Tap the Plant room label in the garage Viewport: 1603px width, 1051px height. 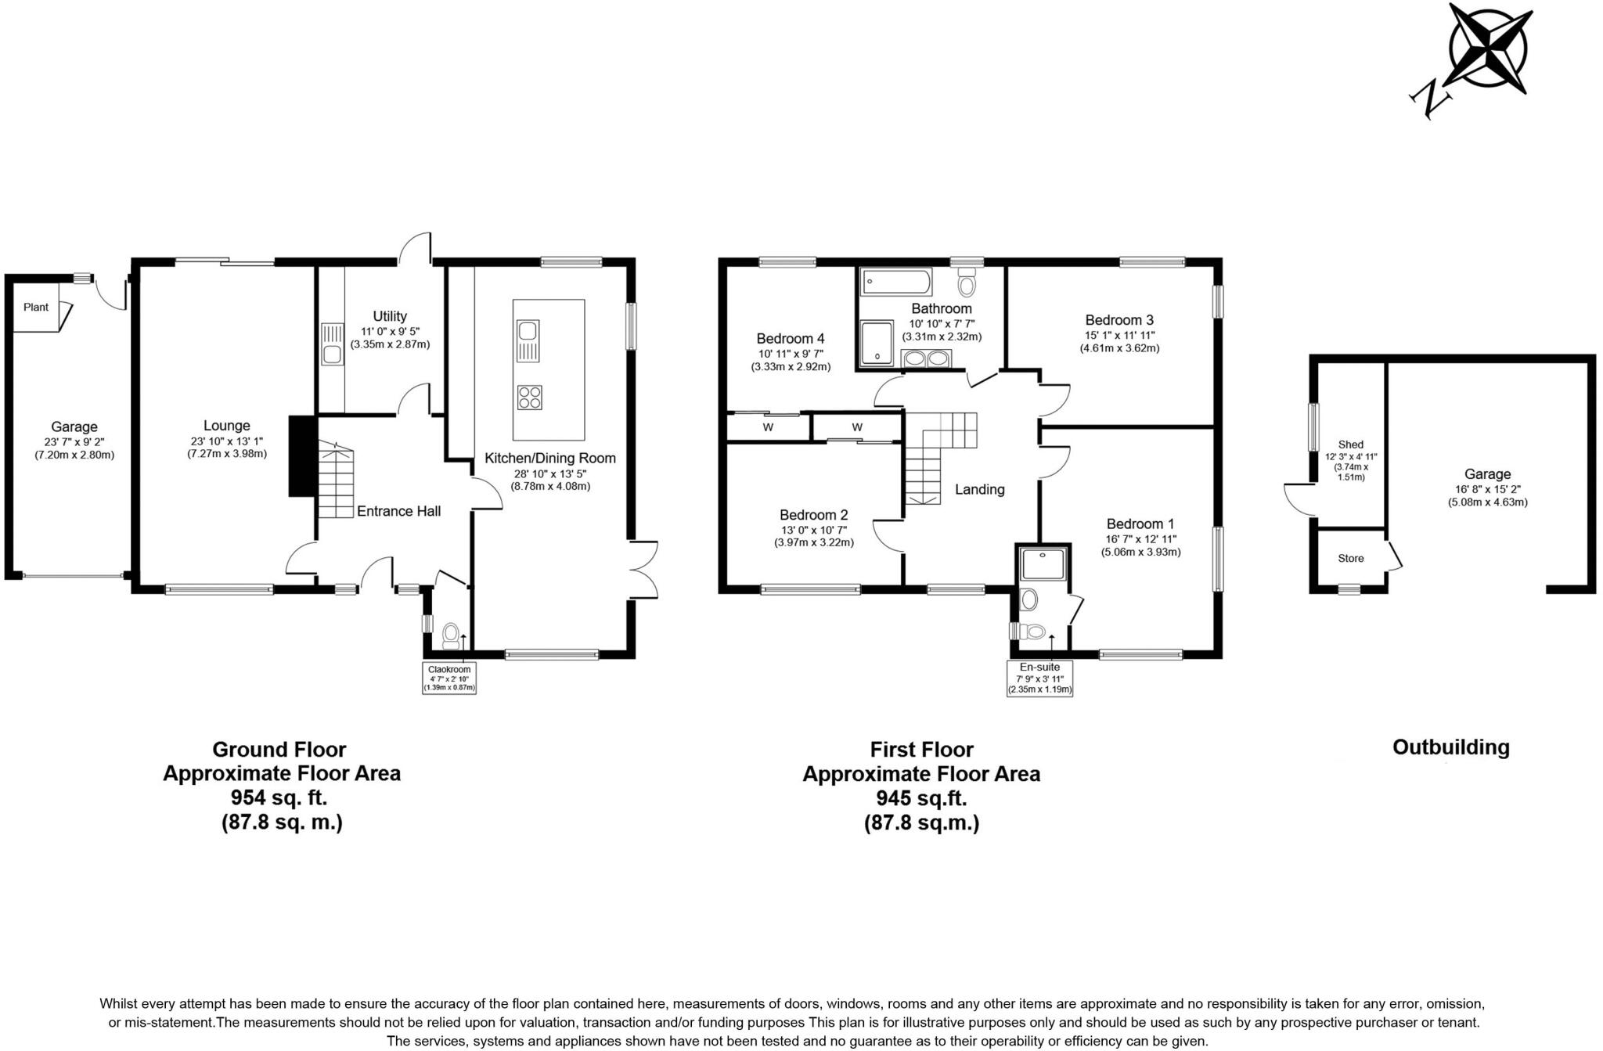[x=35, y=308]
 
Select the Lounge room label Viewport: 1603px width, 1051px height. [x=227, y=427]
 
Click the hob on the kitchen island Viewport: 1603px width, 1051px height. [x=529, y=398]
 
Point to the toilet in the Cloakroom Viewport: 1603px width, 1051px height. [x=451, y=635]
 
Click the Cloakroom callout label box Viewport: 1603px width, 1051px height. [x=449, y=678]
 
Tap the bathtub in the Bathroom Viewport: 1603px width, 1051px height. [x=896, y=282]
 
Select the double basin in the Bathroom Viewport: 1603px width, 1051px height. [x=926, y=359]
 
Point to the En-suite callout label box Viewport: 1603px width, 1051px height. [x=1039, y=678]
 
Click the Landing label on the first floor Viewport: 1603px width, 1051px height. [x=979, y=490]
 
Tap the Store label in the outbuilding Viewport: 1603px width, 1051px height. [x=1350, y=559]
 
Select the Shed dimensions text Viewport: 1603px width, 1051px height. [x=1350, y=466]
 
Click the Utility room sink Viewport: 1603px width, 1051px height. [x=333, y=344]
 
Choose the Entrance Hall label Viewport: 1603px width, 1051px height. [x=398, y=512]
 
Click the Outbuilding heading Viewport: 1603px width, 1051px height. [x=1450, y=747]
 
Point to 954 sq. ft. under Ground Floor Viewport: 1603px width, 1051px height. [x=279, y=797]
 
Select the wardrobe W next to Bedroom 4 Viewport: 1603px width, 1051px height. [x=768, y=427]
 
